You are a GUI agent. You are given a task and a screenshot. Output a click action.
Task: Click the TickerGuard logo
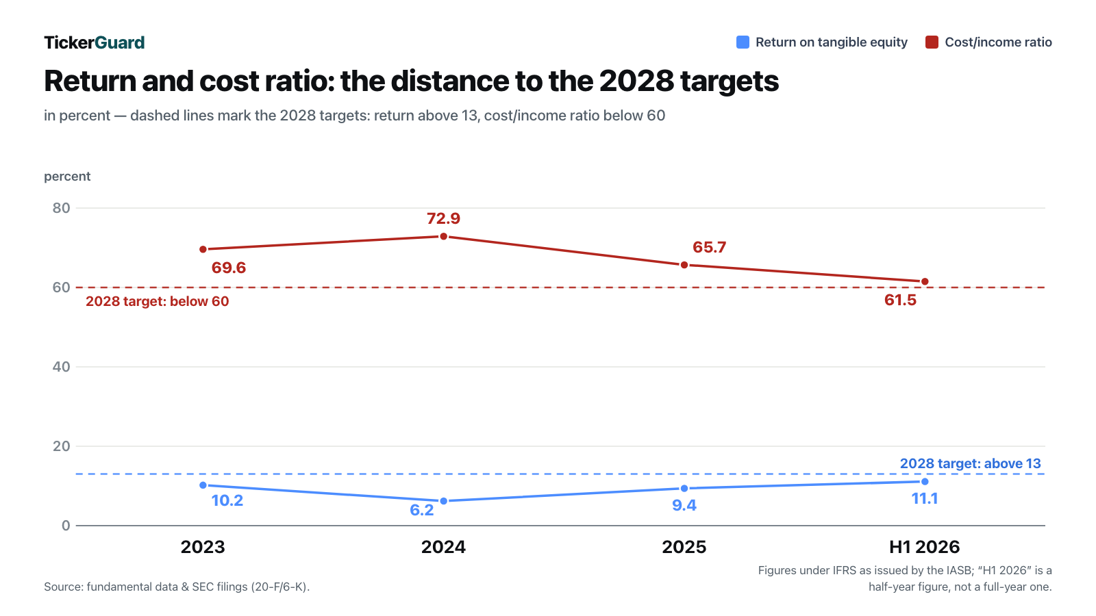[95, 42]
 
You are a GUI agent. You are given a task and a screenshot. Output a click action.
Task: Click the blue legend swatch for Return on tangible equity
[743, 42]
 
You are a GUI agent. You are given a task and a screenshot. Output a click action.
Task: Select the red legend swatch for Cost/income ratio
[932, 42]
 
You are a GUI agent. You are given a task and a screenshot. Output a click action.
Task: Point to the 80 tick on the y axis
[61, 208]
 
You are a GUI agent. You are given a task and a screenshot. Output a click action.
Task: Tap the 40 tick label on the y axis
[61, 367]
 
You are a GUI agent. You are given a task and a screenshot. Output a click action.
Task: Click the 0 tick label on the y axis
[66, 526]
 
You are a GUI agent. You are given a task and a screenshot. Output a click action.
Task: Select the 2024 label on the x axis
[443, 547]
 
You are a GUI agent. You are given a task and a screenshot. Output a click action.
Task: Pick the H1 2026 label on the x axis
[924, 547]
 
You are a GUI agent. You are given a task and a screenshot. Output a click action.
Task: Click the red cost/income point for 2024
[444, 237]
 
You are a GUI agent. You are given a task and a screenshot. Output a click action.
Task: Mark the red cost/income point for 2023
[203, 249]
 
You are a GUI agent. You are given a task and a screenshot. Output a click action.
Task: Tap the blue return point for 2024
[444, 501]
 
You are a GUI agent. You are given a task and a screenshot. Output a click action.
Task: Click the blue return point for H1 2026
[925, 482]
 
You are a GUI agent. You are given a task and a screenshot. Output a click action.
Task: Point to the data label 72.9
[443, 218]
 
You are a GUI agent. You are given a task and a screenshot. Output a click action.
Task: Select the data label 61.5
[900, 300]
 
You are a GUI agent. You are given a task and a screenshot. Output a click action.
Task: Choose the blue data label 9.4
[684, 505]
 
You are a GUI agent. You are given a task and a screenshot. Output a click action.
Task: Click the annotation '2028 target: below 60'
[157, 301]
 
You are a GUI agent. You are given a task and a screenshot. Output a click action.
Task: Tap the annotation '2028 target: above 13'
[970, 463]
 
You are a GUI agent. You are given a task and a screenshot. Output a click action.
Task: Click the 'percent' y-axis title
[67, 177]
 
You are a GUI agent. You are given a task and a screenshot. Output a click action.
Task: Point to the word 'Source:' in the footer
[64, 587]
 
